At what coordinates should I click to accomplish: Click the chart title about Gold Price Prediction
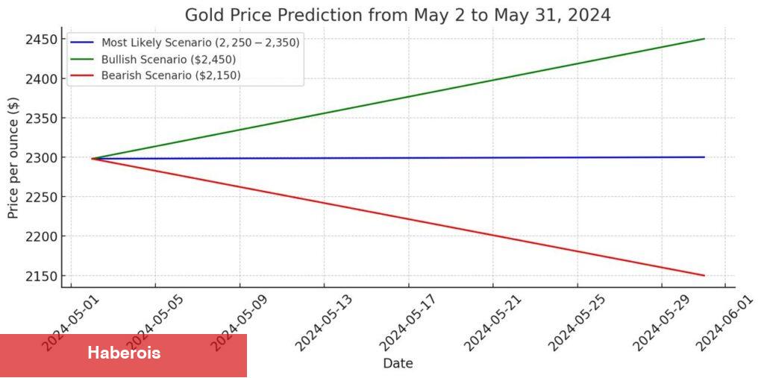pos(398,15)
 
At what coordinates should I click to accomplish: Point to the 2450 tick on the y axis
pos(43,40)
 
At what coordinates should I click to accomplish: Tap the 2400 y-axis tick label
pos(43,79)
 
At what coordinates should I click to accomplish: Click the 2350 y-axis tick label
pos(43,119)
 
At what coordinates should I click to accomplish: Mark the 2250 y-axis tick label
pos(43,198)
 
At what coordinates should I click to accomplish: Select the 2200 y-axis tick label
pos(43,236)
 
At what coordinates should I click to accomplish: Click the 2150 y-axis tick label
pos(43,276)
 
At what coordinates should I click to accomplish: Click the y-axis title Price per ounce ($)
pos(13,157)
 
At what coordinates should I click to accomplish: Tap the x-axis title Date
pos(398,364)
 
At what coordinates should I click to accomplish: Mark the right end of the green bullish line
pos(704,39)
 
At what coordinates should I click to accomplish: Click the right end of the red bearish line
pos(704,275)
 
